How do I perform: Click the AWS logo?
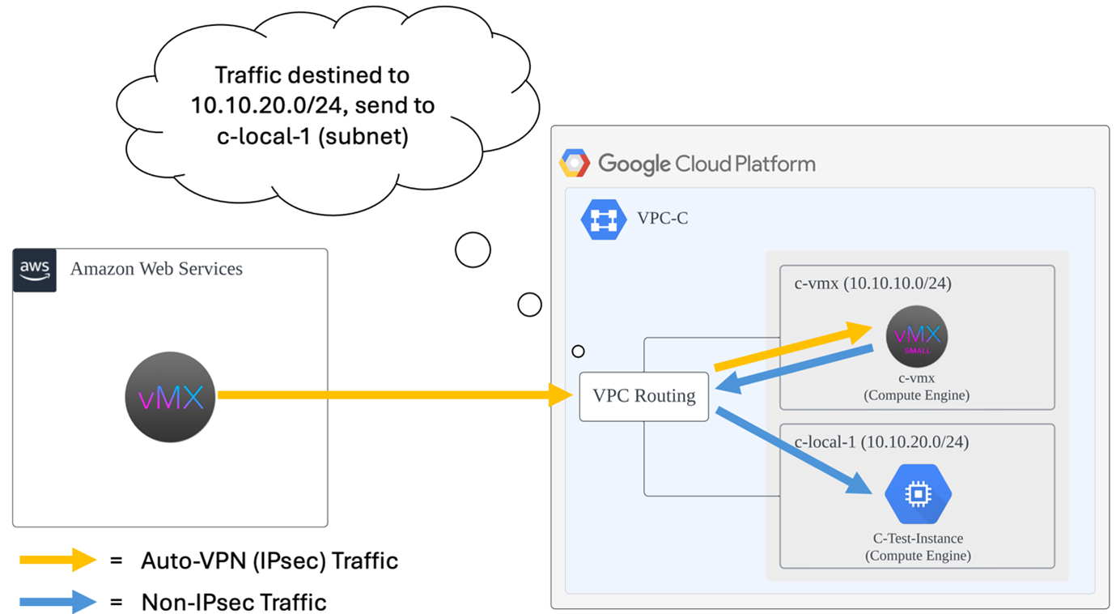click(35, 270)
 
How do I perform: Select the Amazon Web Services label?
click(156, 269)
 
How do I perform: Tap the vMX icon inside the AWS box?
click(170, 397)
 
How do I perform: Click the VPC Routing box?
click(644, 396)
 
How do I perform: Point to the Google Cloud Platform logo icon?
click(575, 164)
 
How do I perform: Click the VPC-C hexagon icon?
click(604, 219)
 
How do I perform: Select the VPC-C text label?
click(663, 219)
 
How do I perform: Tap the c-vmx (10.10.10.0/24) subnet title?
click(872, 284)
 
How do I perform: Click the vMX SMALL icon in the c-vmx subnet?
click(917, 336)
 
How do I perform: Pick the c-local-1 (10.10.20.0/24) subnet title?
click(881, 442)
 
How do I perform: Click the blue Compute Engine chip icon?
click(918, 494)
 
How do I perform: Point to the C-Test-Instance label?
click(918, 539)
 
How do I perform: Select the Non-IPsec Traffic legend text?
click(234, 603)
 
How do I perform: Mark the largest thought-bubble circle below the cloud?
click(473, 250)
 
